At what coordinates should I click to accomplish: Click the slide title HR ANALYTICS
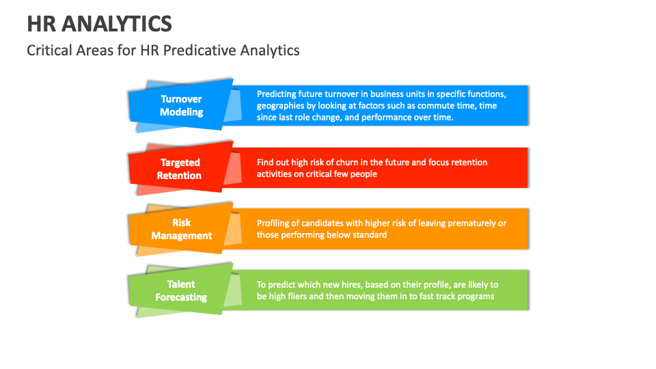click(x=100, y=24)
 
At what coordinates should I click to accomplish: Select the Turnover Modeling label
click(x=181, y=105)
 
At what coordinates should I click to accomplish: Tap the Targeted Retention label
click(x=180, y=169)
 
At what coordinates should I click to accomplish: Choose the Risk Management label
click(x=181, y=229)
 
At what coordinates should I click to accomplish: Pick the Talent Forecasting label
click(x=181, y=290)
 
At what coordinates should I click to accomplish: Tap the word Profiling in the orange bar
click(x=275, y=223)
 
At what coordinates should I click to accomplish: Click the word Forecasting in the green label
click(x=181, y=297)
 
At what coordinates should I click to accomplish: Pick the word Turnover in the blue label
click(x=181, y=99)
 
